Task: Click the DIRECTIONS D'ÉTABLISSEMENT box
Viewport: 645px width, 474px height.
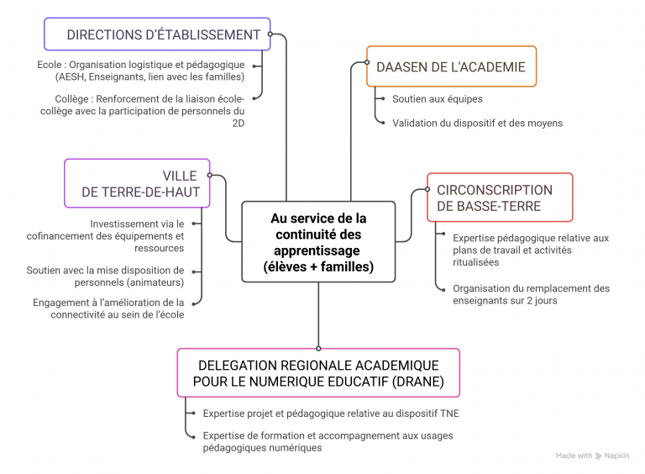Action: pos(157,34)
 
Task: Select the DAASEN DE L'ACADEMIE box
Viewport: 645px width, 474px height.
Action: pos(451,66)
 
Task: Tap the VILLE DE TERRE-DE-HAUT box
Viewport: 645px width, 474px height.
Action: pos(137,183)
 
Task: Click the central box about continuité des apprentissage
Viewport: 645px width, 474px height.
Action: pos(318,242)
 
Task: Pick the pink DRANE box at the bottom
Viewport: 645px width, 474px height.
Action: pos(318,372)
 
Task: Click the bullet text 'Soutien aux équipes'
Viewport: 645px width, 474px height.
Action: pos(437,99)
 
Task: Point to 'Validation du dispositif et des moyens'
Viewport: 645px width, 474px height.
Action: pos(477,123)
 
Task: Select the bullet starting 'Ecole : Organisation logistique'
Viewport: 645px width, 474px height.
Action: pos(141,71)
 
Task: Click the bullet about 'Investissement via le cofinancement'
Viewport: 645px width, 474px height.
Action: pos(136,235)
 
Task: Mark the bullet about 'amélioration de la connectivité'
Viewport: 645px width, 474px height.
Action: pos(108,308)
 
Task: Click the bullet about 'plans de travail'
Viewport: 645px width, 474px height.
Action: pos(531,250)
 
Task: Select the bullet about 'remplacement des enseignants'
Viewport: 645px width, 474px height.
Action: pos(543,294)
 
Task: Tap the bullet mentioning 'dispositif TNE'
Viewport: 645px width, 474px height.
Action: pos(331,413)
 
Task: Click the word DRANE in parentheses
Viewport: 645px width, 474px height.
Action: pos(416,382)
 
